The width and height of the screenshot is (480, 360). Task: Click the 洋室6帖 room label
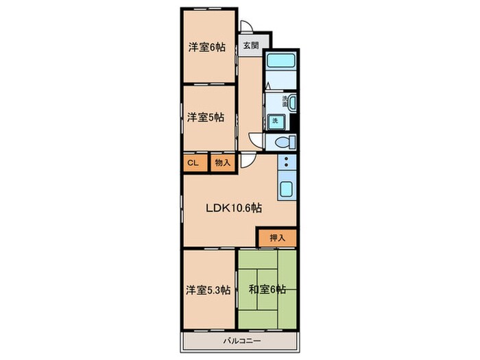[x=207, y=48]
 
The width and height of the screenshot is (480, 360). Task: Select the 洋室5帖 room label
[x=206, y=117]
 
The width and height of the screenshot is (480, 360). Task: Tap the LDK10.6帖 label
[x=234, y=208]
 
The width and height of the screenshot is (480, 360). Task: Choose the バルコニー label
[x=239, y=340]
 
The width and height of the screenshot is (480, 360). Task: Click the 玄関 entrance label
[x=250, y=46]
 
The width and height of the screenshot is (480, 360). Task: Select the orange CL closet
[x=193, y=163]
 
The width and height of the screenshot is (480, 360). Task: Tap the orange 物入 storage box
[x=221, y=163]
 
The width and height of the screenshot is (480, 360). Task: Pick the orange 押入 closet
[x=278, y=238]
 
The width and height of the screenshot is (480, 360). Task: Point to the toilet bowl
[x=285, y=143]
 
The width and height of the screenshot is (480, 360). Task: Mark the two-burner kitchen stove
[x=286, y=165]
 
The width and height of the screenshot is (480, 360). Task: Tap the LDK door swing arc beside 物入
[x=245, y=162]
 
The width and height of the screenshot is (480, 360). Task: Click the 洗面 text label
[x=284, y=101]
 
